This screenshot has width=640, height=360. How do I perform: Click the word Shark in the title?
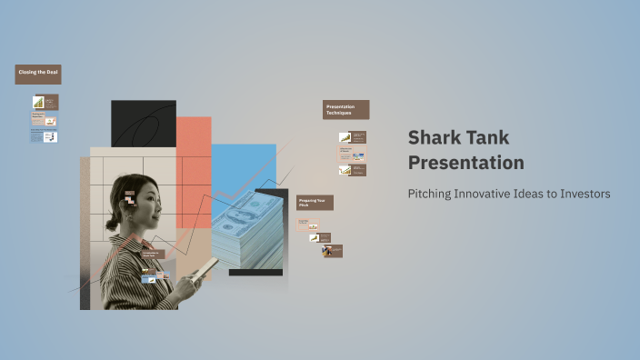(433, 138)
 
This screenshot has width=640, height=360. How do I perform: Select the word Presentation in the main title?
(465, 163)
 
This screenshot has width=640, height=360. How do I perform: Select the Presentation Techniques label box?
(345, 110)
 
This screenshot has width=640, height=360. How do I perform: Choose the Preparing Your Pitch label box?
(315, 203)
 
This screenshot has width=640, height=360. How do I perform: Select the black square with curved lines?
(143, 124)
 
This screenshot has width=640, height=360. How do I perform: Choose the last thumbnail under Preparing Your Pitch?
(331, 251)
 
